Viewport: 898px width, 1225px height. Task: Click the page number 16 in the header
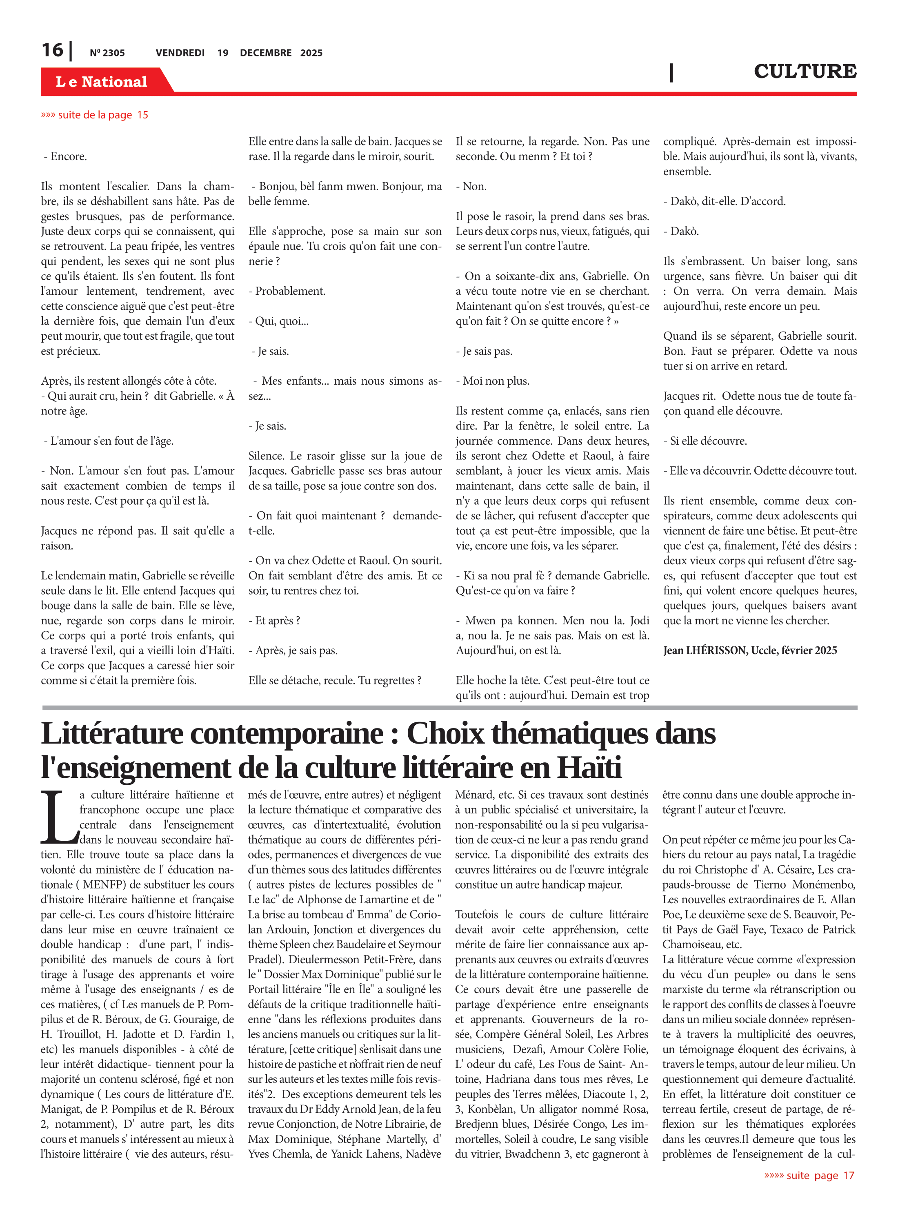tap(52, 50)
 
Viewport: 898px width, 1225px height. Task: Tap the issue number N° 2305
tap(107, 53)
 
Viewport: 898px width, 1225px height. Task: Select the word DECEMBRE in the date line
tap(266, 53)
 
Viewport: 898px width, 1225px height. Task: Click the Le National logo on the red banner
tap(101, 82)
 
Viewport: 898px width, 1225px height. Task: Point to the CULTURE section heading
tap(805, 71)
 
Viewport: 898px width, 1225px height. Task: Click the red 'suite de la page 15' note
tap(95, 115)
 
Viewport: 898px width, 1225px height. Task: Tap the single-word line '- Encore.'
tap(65, 156)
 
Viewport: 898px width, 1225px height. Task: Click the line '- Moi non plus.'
tap(493, 381)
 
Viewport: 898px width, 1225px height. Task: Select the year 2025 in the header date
tap(311, 53)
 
